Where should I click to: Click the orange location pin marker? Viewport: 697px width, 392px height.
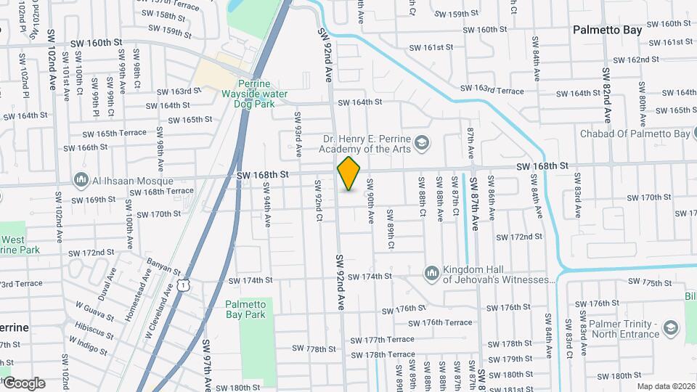(349, 173)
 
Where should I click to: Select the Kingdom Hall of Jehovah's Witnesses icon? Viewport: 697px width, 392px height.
(432, 272)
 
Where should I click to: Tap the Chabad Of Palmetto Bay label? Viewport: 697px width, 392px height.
(635, 134)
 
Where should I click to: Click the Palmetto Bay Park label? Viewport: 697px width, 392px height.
(245, 309)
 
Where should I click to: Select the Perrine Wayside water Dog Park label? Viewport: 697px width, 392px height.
(255, 94)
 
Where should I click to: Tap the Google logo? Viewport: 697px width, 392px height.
(23, 383)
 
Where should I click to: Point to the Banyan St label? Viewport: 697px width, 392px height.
(163, 266)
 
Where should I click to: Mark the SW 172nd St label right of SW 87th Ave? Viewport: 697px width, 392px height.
(519, 237)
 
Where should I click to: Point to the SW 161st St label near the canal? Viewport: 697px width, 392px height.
(431, 47)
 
